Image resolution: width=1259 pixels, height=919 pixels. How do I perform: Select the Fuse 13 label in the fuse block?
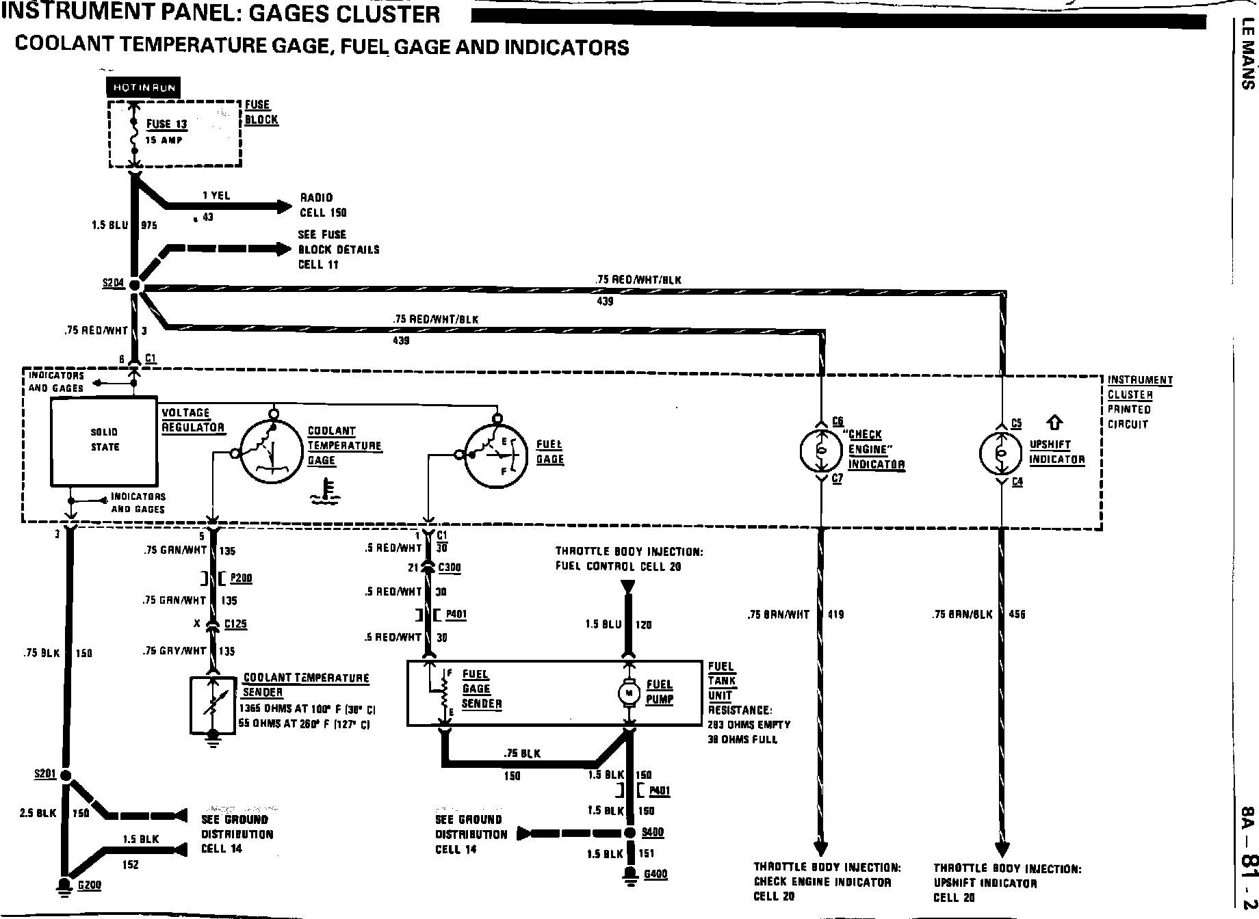point(166,124)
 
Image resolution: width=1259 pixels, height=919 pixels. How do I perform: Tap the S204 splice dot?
point(134,286)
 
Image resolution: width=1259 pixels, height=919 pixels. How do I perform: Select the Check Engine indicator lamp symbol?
point(821,450)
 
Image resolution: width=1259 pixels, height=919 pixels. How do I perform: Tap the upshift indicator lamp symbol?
point(1000,453)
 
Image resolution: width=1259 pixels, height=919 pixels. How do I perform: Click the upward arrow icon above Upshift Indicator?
point(1056,423)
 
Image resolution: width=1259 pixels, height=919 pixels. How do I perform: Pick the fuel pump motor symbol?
point(627,693)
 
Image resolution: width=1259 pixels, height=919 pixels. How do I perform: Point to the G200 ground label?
point(89,885)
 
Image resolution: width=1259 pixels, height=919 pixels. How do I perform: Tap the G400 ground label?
point(656,874)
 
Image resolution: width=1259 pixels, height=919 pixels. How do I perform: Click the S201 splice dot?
point(66,775)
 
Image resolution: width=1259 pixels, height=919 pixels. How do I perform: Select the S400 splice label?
point(653,832)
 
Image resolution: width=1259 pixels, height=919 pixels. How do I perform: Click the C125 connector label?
point(235,624)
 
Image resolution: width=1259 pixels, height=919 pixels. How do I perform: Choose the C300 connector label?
point(450,567)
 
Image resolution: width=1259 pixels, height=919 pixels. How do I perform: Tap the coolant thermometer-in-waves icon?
point(322,493)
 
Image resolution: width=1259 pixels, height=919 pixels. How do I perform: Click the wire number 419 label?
point(835,615)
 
